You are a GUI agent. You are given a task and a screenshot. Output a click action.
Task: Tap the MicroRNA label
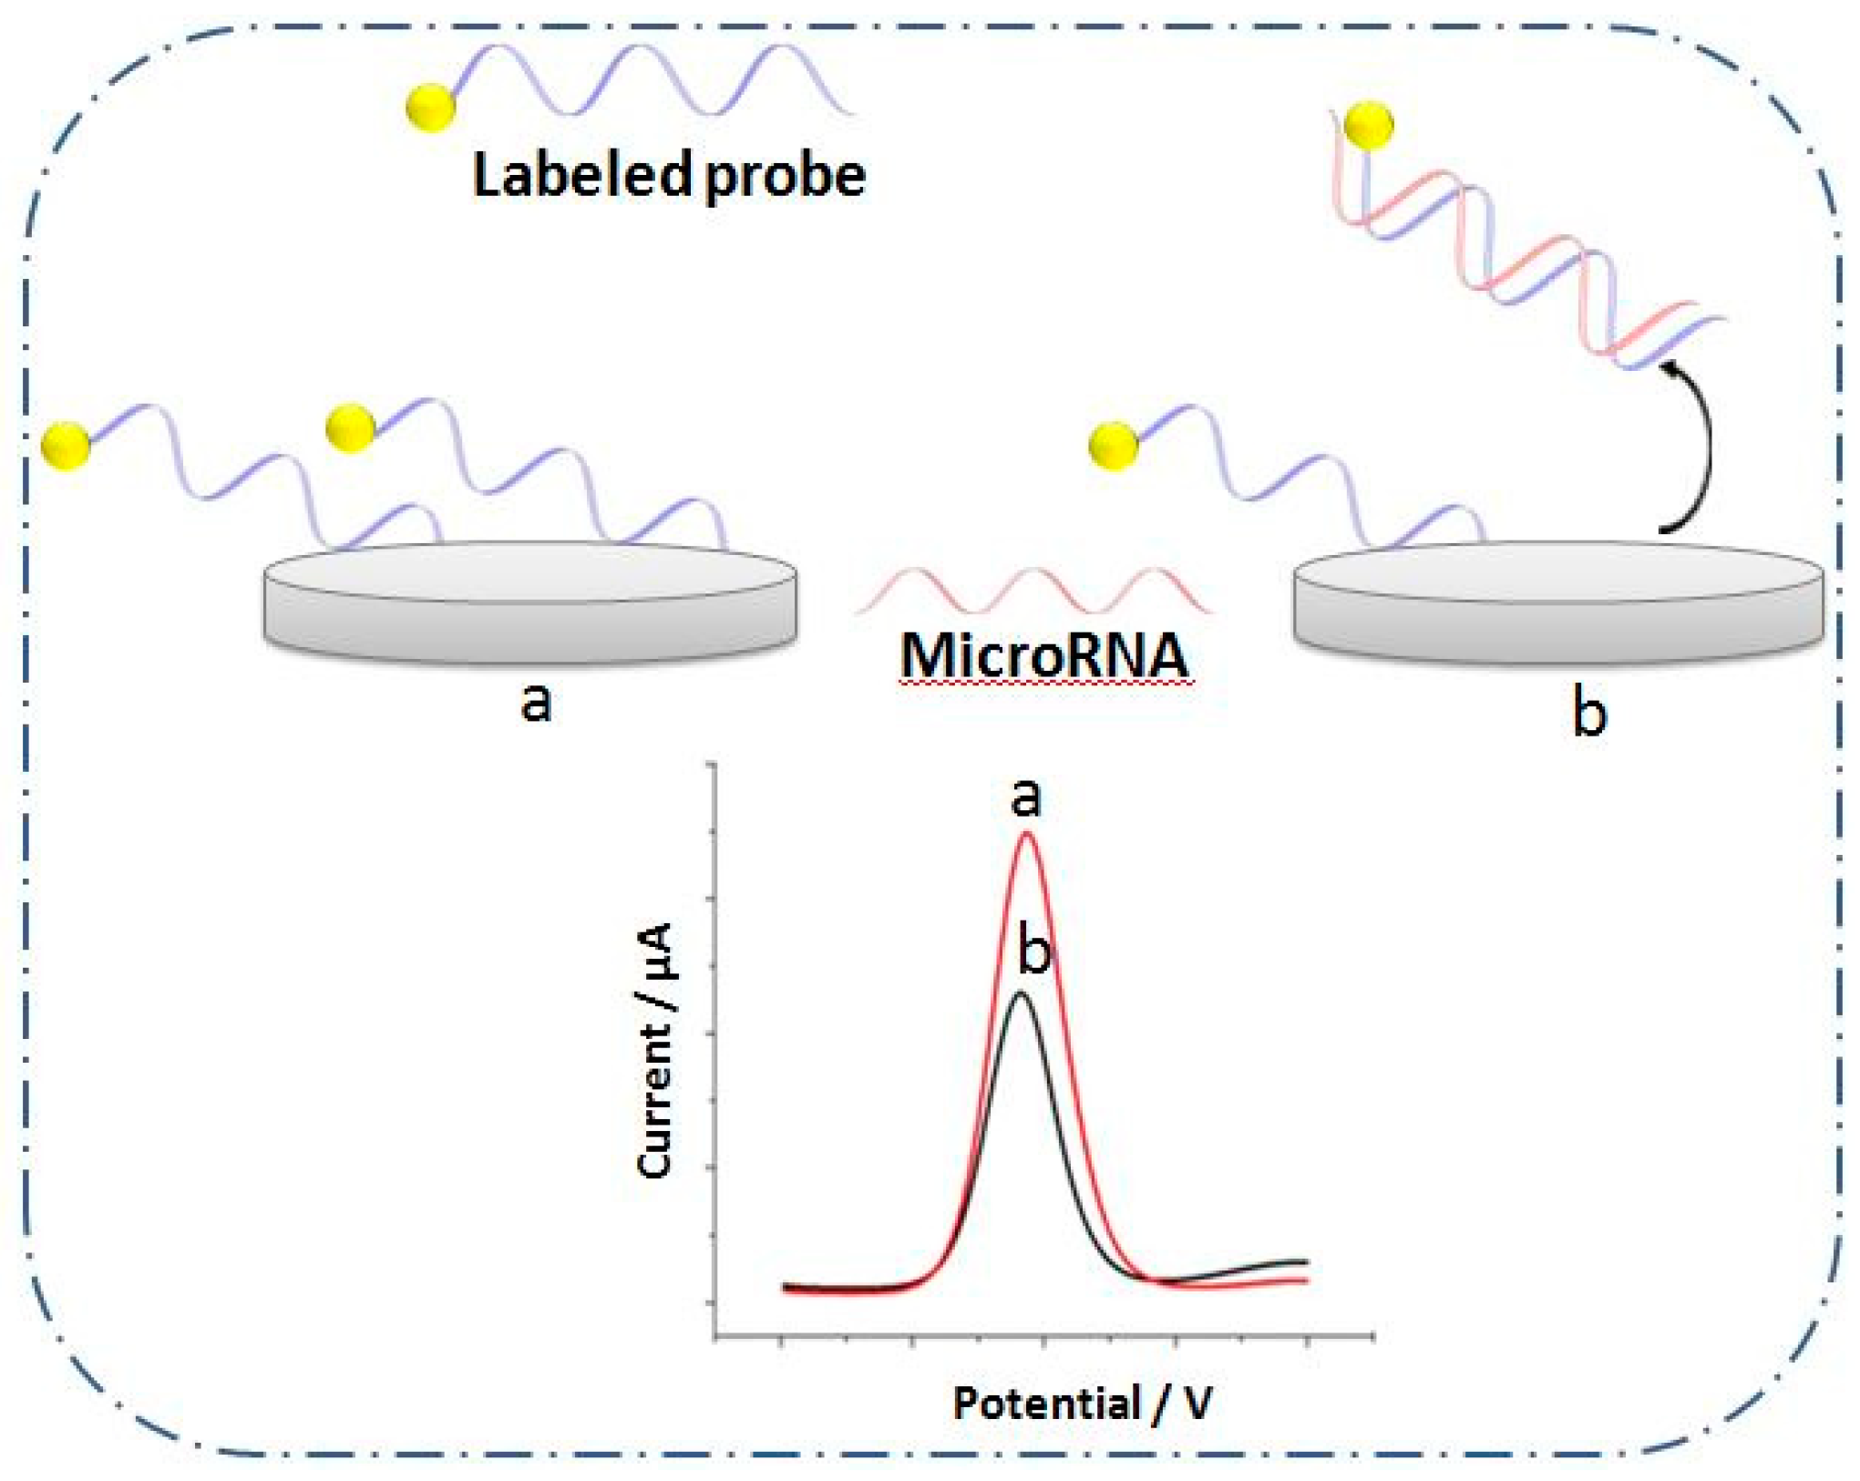tap(1044, 654)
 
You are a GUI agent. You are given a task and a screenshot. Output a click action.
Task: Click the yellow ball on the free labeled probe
tap(430, 108)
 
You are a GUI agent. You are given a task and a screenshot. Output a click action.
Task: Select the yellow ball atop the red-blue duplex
tap(1369, 125)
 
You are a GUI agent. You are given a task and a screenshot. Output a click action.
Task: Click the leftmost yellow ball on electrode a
tap(67, 446)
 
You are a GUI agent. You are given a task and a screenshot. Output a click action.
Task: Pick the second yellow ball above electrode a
tap(350, 427)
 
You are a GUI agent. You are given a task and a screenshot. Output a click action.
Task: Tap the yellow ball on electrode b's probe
tap(1114, 447)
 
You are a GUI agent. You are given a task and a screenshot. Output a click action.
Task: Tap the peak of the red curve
tap(1027, 834)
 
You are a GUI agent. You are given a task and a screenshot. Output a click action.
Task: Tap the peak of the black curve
tap(1022, 993)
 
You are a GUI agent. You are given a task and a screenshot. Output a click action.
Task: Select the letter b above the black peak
tap(1034, 950)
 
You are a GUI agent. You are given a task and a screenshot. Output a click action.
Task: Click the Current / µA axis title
tap(656, 1050)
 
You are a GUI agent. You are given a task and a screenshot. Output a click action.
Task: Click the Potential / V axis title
tap(1083, 1403)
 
